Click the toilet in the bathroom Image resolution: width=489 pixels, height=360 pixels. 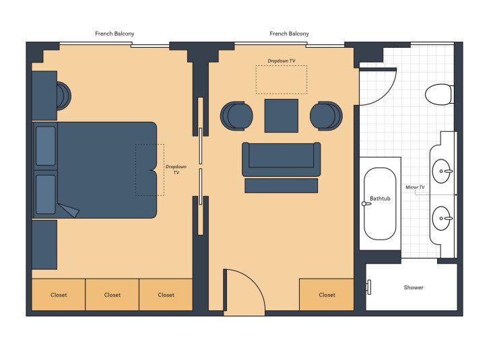(439, 94)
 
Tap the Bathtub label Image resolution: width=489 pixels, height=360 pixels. (380, 199)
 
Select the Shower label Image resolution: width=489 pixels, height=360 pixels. (414, 287)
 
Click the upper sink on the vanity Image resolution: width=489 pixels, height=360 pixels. (442, 172)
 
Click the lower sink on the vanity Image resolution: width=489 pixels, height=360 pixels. (442, 218)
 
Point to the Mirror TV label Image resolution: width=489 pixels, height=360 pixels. (415, 186)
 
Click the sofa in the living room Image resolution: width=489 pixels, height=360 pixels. (282, 159)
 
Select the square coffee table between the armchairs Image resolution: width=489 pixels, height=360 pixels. (282, 116)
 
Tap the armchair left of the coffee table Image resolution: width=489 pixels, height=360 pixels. (237, 115)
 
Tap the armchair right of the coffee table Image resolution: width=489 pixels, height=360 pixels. (326, 115)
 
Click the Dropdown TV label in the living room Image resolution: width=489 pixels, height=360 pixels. (282, 61)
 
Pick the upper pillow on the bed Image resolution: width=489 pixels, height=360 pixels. (46, 145)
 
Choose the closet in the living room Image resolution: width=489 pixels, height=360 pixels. (327, 295)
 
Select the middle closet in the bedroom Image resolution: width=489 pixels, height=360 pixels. (112, 295)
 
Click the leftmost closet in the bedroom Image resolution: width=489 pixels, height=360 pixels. (59, 295)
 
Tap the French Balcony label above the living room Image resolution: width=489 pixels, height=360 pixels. (290, 34)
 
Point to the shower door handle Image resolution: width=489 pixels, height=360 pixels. (369, 287)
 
